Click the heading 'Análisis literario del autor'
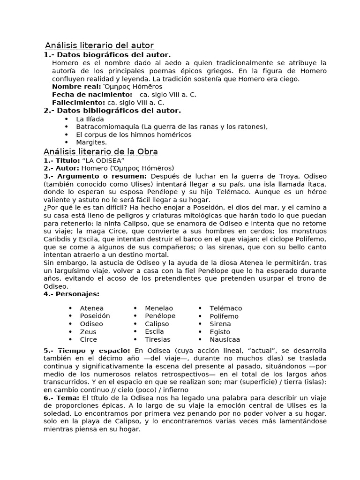[x=99, y=45]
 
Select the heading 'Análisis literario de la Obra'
[x=100, y=152]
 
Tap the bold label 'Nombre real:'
[x=76, y=87]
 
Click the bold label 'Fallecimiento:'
[x=78, y=103]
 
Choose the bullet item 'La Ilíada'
[x=90, y=119]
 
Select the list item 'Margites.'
[x=91, y=142]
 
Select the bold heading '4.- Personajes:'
[x=71, y=294]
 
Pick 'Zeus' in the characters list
[x=88, y=332]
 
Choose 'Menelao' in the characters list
[x=159, y=308]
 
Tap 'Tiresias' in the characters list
[x=157, y=339]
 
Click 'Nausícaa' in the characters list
[x=225, y=340]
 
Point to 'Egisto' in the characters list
[x=220, y=332]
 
